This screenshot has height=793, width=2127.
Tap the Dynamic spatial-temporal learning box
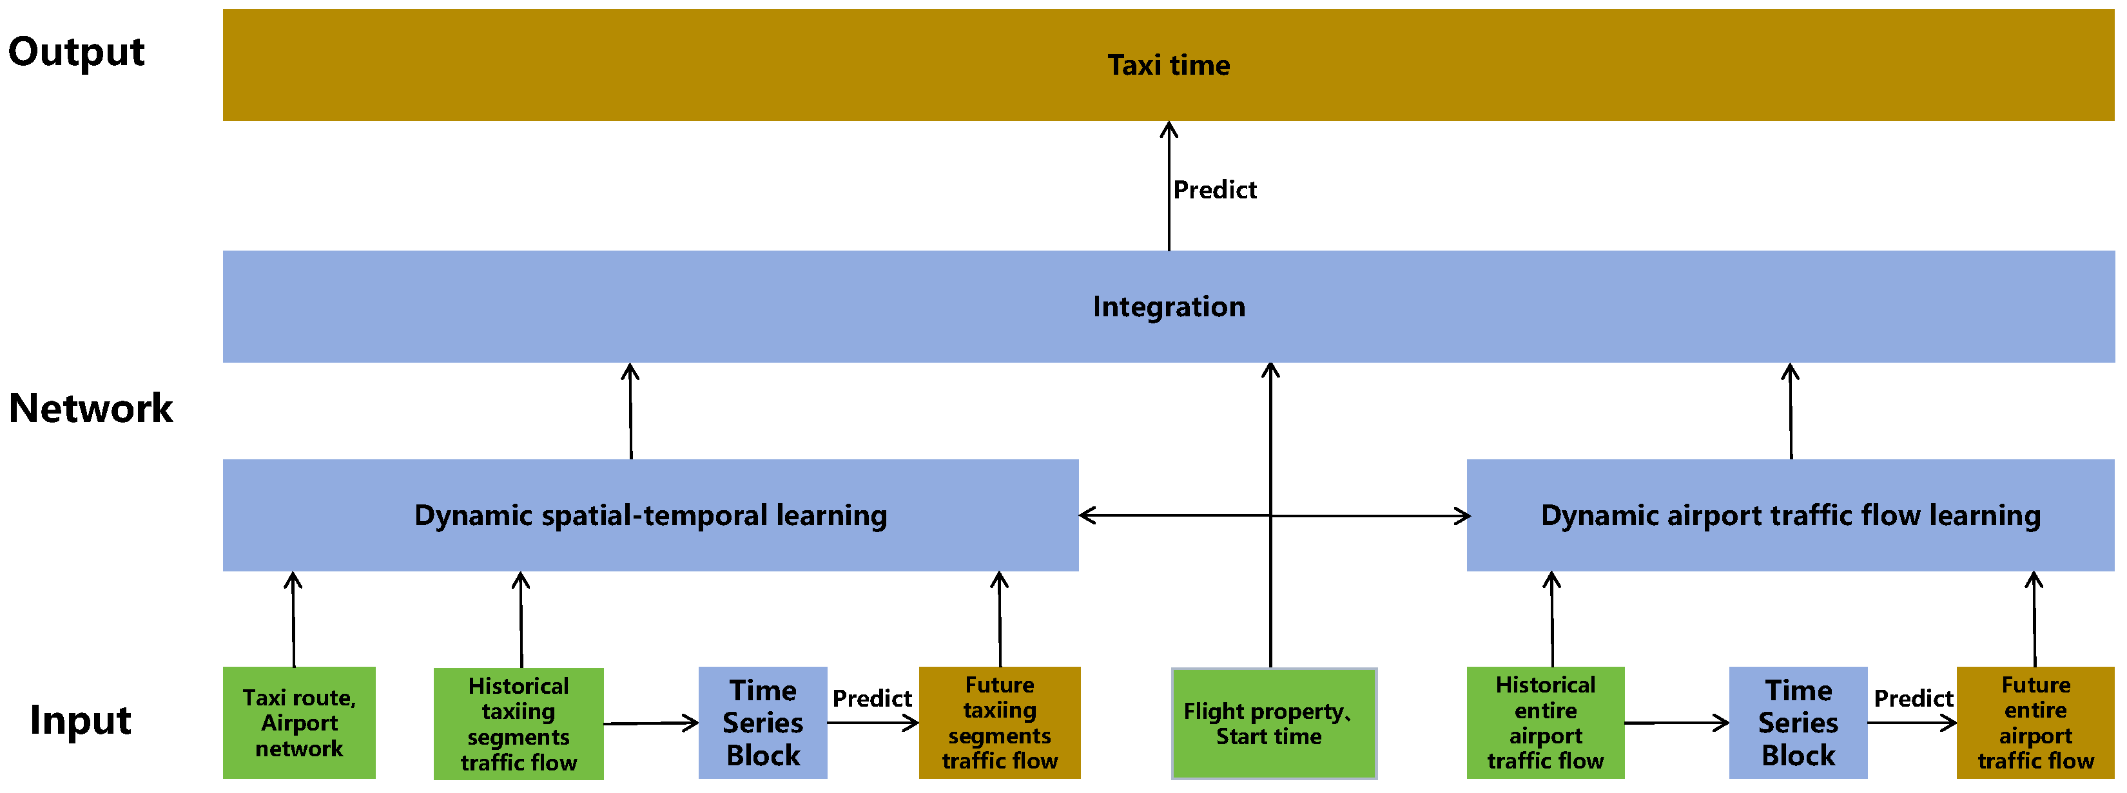[650, 515]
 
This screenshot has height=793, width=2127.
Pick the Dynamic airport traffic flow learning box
[1789, 515]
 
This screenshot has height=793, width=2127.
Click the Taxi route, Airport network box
[299, 723]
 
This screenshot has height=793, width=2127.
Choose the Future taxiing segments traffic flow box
[999, 723]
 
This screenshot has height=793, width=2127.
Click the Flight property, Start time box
[1273, 723]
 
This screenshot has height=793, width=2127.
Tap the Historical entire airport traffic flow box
[1545, 723]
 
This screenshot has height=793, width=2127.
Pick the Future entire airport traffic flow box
[2035, 723]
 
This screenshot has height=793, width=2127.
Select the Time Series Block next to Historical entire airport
[1798, 723]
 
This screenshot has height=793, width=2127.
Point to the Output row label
[76, 52]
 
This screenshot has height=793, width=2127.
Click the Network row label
[91, 408]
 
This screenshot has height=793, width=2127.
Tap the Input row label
[80, 720]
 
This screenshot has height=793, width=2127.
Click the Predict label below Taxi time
[1214, 190]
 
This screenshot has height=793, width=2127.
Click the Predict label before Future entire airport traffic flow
[1912, 699]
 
